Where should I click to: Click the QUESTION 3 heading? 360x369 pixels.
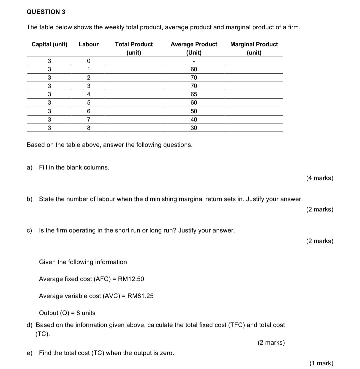click(x=46, y=12)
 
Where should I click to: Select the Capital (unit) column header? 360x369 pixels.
click(x=49, y=44)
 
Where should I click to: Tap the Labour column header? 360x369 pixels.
click(x=89, y=44)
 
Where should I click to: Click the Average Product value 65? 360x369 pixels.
click(x=194, y=94)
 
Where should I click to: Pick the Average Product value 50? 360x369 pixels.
click(x=194, y=111)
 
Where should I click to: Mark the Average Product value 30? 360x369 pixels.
click(x=194, y=128)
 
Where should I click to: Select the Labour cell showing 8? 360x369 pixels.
click(x=89, y=128)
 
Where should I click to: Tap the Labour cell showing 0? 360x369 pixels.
click(x=89, y=61)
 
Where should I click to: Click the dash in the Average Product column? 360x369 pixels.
click(x=194, y=61)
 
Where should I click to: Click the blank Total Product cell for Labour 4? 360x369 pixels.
click(x=134, y=94)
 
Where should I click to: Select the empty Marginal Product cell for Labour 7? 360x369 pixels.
click(x=254, y=120)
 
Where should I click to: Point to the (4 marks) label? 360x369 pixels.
click(x=319, y=178)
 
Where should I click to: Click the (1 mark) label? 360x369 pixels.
click(x=321, y=363)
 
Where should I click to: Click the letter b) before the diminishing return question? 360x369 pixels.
click(x=30, y=199)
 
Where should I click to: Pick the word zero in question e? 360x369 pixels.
click(x=166, y=353)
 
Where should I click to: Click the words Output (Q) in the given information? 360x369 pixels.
click(x=55, y=313)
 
